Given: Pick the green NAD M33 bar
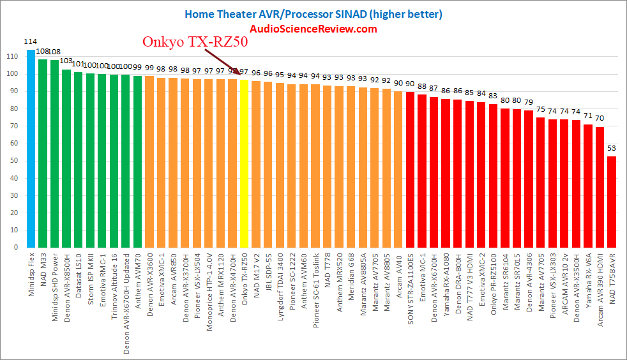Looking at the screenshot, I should click(x=43, y=154).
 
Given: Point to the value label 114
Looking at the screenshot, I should click(x=30, y=42).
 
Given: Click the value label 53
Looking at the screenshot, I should click(x=611, y=149).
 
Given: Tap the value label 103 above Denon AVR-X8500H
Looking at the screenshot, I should click(x=66, y=61).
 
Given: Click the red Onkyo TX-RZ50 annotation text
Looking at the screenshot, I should click(x=194, y=43).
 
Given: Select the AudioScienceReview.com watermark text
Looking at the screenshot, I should click(x=313, y=29).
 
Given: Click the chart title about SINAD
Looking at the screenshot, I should click(x=313, y=13).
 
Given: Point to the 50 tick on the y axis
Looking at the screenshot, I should click(x=12, y=161).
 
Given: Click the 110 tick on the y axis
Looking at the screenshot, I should click(x=10, y=57).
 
